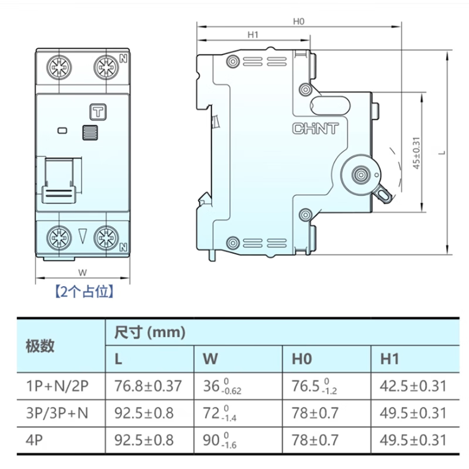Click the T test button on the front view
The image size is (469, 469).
click(96, 111)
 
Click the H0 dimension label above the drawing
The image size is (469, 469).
click(299, 21)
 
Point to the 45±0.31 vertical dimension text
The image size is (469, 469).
click(416, 153)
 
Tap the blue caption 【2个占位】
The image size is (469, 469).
click(83, 291)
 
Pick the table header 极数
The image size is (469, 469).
click(40, 345)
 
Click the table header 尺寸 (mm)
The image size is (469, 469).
click(149, 333)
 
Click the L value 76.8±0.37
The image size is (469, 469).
click(148, 386)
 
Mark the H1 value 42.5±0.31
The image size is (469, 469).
click(413, 386)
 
